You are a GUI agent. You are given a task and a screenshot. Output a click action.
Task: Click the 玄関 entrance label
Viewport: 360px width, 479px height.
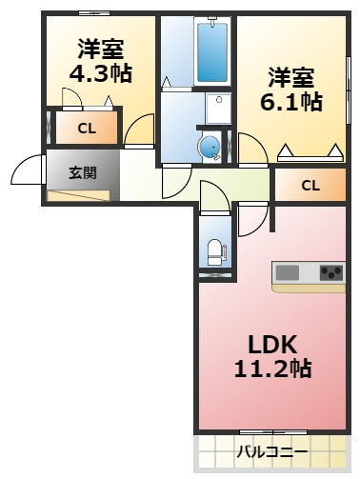tap(83, 173)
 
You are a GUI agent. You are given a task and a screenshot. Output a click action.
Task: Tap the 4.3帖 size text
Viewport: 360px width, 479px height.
tap(101, 74)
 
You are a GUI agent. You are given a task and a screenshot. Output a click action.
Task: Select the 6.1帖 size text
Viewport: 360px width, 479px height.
tap(291, 102)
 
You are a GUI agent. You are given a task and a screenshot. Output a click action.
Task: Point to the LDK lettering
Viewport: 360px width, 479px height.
tap(272, 345)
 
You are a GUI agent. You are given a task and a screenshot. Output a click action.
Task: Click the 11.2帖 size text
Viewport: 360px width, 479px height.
tap(272, 369)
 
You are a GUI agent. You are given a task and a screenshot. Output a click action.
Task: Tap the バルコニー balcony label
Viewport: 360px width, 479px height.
tap(272, 451)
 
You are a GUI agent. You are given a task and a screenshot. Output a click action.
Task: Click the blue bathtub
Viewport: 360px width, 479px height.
tap(212, 52)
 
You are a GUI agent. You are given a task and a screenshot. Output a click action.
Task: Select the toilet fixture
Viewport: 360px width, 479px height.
tap(215, 252)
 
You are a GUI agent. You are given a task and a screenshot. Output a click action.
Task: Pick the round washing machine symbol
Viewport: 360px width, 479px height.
tap(209, 148)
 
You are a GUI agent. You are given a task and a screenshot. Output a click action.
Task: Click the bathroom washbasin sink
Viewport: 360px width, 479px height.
tap(218, 109)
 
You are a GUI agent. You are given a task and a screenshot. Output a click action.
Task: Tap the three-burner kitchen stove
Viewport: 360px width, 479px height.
tap(331, 272)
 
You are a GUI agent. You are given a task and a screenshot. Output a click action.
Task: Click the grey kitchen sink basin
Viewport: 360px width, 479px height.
tap(288, 272)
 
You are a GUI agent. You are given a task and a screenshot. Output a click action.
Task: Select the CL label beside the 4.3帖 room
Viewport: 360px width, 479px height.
tap(87, 129)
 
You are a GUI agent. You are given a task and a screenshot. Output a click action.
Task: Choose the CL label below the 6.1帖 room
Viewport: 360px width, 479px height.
tap(310, 186)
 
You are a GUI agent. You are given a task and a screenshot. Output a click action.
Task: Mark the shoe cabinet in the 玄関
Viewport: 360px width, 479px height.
tap(78, 195)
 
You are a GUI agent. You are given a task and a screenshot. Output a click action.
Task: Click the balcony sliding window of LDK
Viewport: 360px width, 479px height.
tap(273, 432)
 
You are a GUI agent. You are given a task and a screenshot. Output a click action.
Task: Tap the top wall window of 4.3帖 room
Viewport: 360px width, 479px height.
tap(94, 13)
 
